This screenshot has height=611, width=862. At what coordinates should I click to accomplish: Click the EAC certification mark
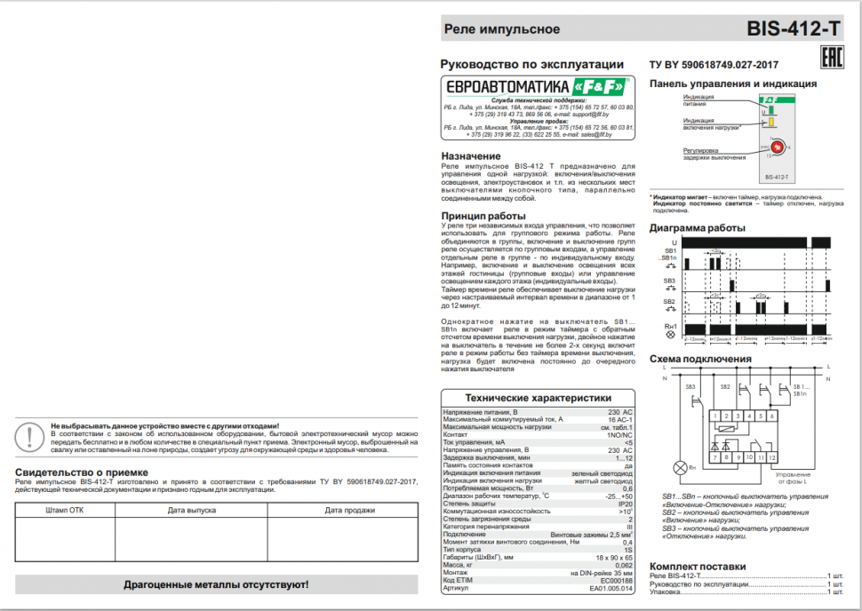tap(830, 60)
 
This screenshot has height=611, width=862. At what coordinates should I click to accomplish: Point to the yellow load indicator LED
tap(770, 123)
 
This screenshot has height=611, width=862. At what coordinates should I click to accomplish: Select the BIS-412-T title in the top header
tap(794, 28)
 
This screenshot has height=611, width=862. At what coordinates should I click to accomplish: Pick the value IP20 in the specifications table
tap(625, 503)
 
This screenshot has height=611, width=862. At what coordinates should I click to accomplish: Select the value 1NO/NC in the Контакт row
tap(620, 434)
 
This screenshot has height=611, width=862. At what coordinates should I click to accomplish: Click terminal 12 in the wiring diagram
tap(774, 456)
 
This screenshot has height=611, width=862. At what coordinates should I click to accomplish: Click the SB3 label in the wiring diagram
tap(690, 386)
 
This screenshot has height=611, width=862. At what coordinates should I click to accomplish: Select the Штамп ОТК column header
tap(64, 511)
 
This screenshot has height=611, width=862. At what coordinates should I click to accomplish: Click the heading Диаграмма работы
tap(698, 228)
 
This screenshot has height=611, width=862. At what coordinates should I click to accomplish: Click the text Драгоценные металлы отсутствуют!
tap(216, 584)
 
